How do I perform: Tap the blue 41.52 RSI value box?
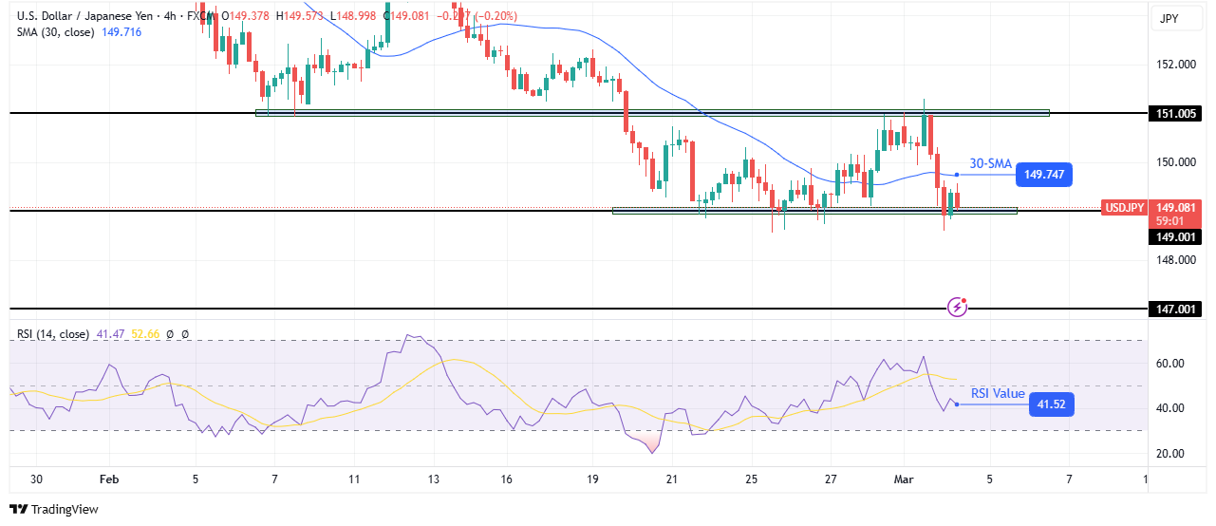point(1051,405)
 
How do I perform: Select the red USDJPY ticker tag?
point(1122,207)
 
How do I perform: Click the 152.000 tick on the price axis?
point(1174,65)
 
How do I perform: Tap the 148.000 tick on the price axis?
point(1174,260)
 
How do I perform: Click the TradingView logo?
point(54,510)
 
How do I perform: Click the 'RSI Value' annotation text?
point(998,393)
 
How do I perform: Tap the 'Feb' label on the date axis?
point(107,479)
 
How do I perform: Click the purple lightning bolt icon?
point(958,307)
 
